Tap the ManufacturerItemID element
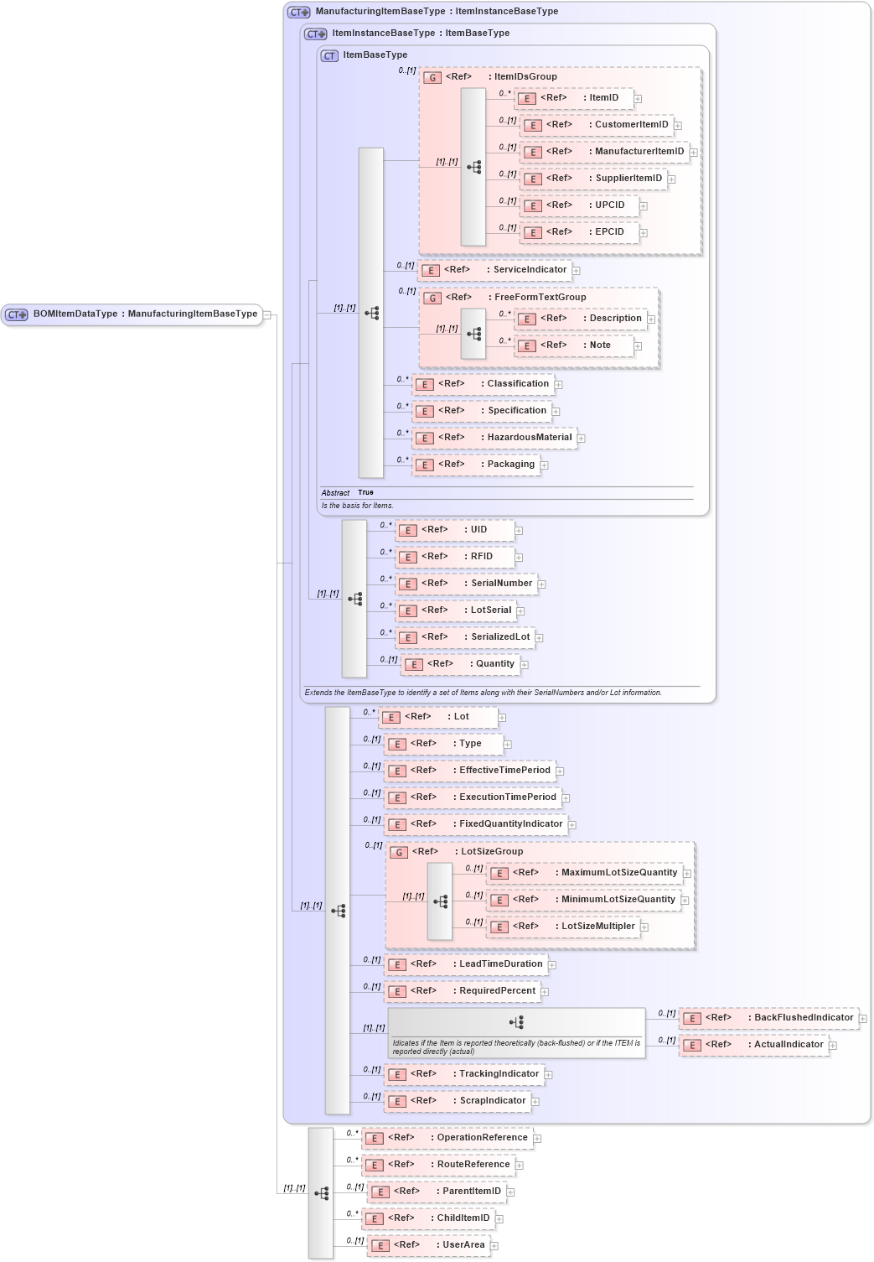point(603,152)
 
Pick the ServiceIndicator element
point(494,270)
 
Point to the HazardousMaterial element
point(494,438)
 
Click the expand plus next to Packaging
point(544,465)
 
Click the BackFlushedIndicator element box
point(768,1018)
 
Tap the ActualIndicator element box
point(753,1045)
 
